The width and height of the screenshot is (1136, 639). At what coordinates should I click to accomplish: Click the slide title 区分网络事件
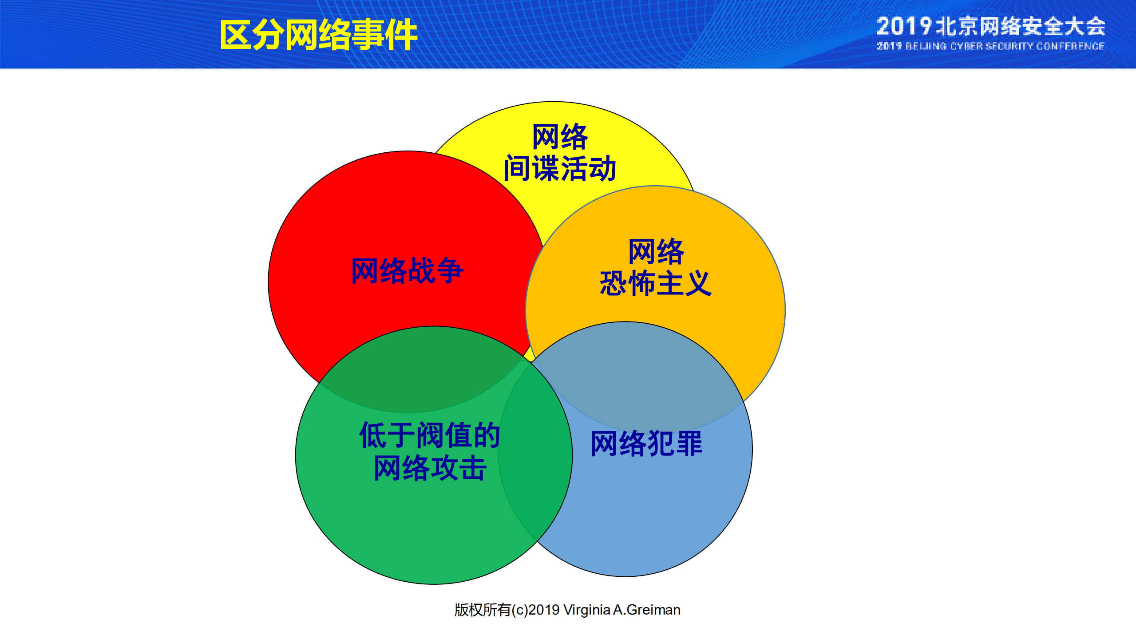click(318, 35)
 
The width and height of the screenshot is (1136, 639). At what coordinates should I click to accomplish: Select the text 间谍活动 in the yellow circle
click(559, 168)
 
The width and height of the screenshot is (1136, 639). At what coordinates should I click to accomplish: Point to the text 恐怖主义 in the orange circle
click(655, 283)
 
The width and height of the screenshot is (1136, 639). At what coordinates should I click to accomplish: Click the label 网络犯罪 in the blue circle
click(646, 443)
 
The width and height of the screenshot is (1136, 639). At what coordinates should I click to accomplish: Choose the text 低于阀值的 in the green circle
click(429, 435)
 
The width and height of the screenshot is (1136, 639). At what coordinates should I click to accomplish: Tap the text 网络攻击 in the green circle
click(429, 468)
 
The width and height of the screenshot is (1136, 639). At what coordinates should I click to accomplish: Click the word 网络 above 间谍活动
click(559, 137)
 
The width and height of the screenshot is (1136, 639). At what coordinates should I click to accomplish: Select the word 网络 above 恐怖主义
click(656, 251)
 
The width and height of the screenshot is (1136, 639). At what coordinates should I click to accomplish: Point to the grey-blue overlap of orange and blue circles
click(635, 377)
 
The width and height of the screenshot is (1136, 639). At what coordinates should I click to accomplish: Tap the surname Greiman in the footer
click(653, 610)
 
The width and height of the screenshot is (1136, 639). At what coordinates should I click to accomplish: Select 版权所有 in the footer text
click(482, 610)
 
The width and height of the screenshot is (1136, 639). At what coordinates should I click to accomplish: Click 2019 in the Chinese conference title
click(903, 27)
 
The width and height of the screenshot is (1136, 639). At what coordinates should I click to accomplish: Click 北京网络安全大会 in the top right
click(1020, 27)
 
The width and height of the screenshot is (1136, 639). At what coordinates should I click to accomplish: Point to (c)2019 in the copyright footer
click(535, 610)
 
